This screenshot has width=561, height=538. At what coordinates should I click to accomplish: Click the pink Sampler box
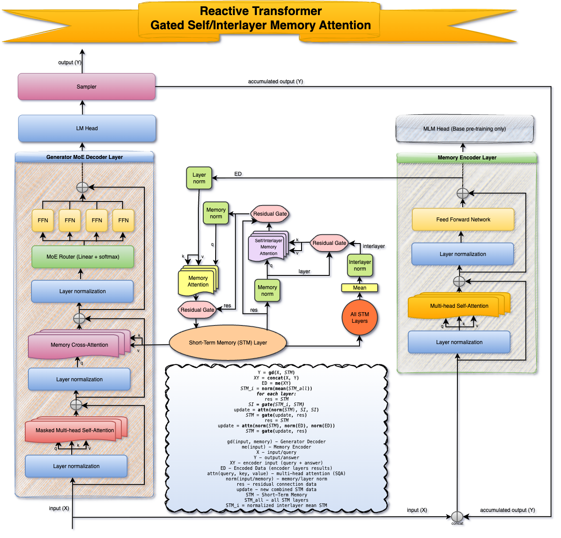point(86,87)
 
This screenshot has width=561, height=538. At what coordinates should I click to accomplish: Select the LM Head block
point(87,128)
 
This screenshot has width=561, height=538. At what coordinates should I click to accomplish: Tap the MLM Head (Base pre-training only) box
point(464,129)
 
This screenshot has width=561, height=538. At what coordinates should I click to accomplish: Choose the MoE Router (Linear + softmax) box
point(83,257)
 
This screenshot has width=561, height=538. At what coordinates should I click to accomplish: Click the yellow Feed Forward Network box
point(463,220)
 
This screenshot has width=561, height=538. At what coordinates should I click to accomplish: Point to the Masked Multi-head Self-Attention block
point(75,430)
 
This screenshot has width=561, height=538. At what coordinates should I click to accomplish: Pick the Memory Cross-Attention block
point(79,345)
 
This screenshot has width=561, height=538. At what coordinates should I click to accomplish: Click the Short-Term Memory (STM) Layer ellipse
point(228,343)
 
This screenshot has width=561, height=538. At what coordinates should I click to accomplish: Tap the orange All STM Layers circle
point(360,318)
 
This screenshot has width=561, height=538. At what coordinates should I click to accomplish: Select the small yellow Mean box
point(360,288)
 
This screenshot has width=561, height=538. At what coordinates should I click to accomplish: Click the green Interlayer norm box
point(360,265)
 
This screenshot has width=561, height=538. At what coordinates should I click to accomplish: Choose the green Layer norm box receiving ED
point(199,178)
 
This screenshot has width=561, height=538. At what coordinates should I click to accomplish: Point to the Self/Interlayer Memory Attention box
point(268,247)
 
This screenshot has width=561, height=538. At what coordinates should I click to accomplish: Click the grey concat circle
point(457,517)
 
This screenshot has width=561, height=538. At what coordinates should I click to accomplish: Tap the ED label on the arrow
point(238,174)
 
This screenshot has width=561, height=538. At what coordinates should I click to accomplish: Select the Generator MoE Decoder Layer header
point(85,157)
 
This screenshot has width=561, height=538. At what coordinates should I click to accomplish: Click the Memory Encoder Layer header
point(467,158)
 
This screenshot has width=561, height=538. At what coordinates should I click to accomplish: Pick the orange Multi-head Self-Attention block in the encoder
point(459,306)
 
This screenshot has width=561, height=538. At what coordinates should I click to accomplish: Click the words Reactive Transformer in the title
point(261,11)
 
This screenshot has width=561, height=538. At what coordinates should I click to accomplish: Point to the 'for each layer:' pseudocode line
point(276,394)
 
